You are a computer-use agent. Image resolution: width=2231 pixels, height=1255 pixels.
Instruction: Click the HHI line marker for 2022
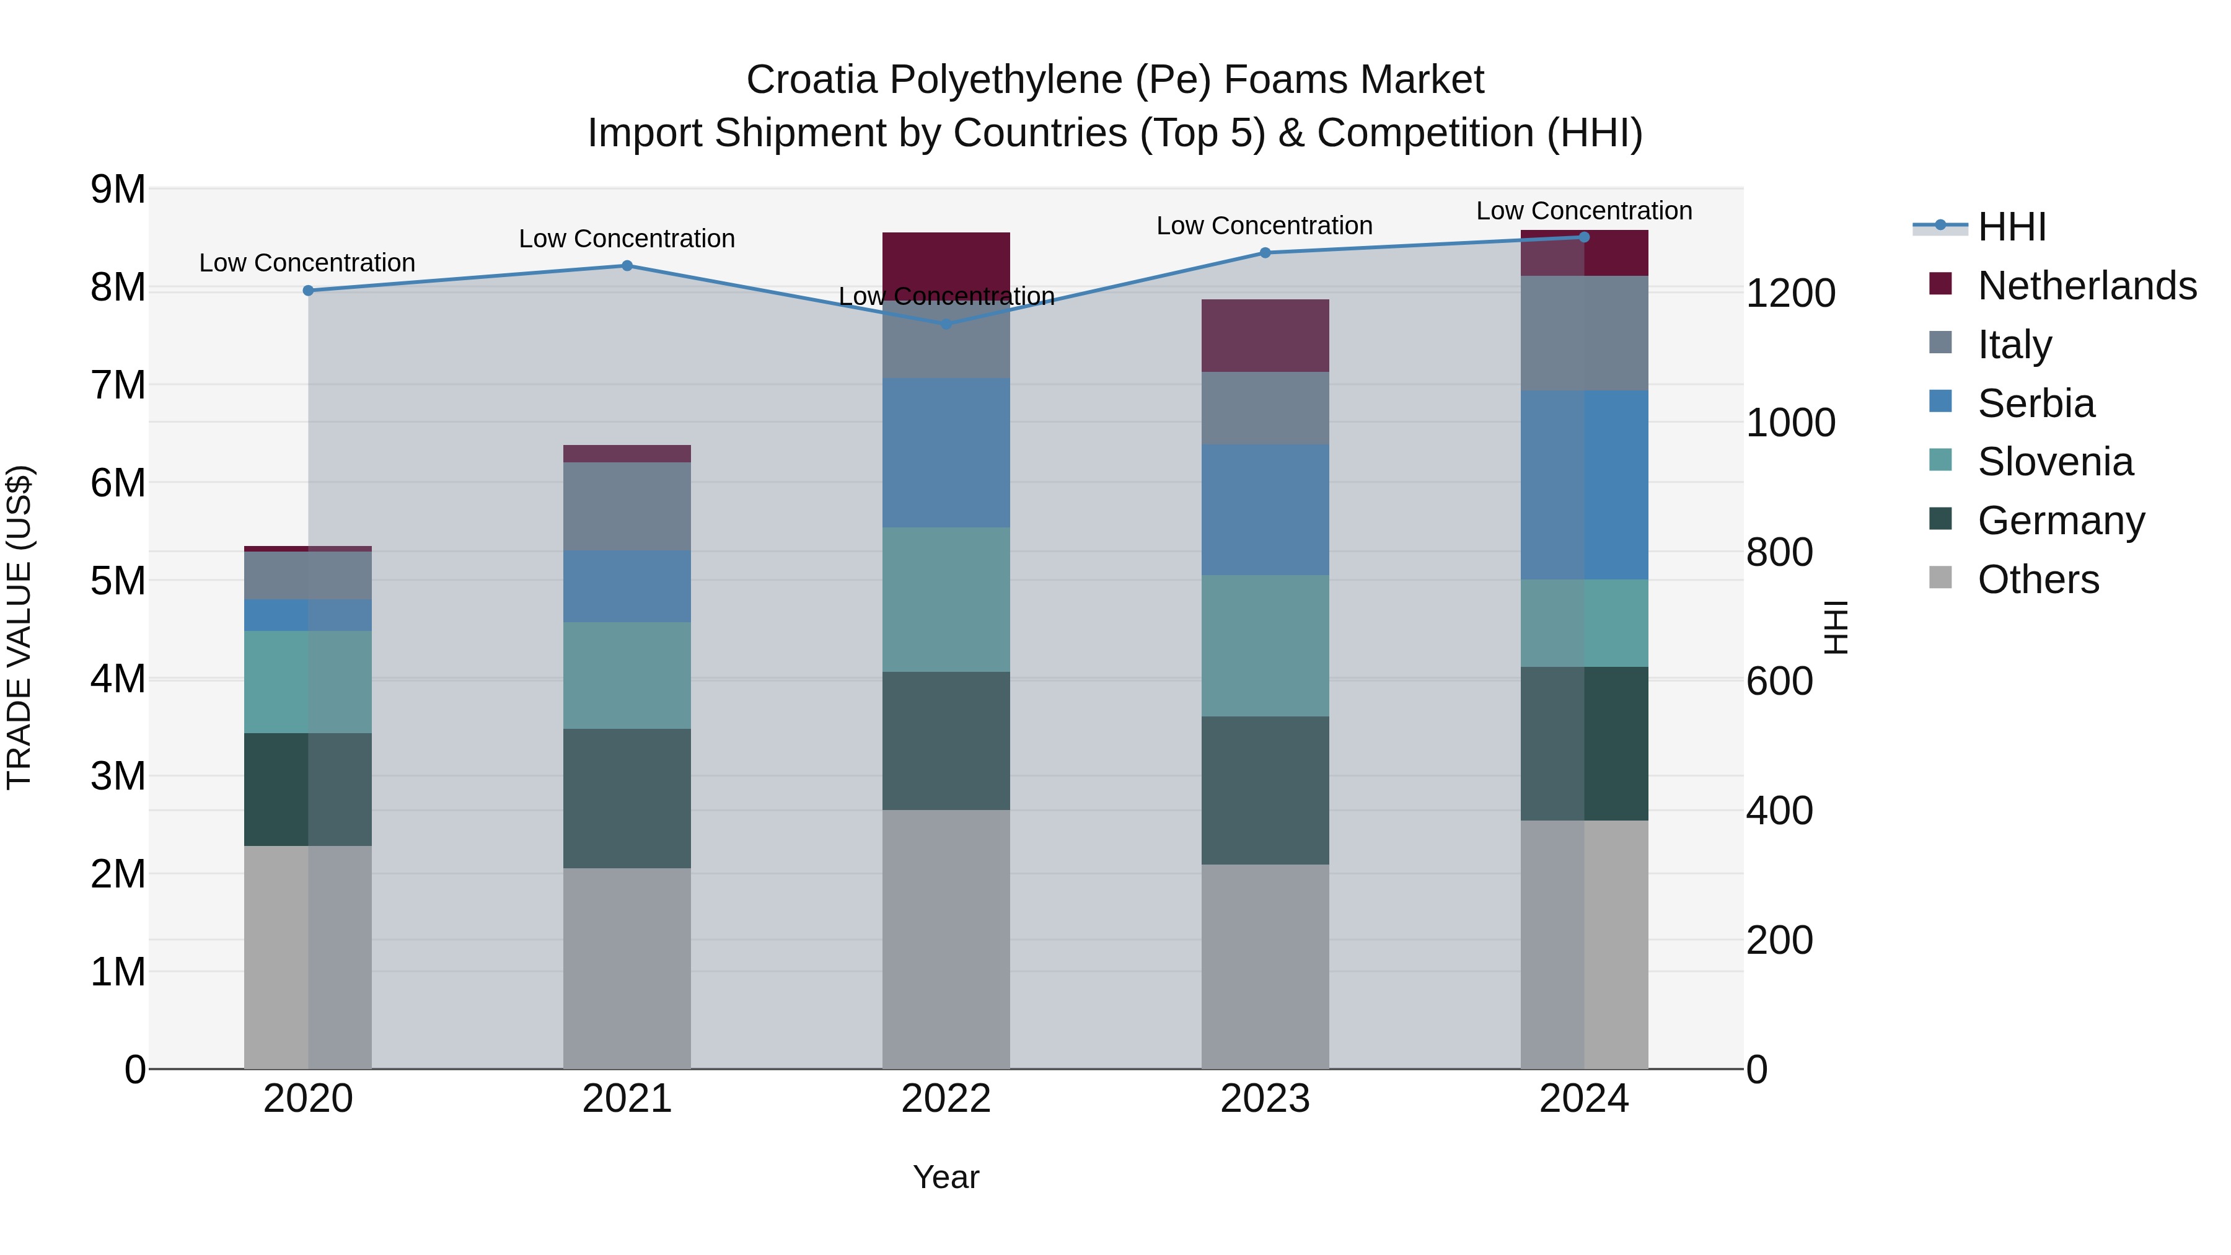tap(946, 324)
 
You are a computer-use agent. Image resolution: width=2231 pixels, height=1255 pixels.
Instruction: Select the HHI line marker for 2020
tap(309, 290)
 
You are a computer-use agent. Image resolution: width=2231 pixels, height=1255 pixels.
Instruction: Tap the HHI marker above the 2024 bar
tap(1584, 237)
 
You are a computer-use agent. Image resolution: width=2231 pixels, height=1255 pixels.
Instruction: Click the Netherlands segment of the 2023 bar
tap(1264, 335)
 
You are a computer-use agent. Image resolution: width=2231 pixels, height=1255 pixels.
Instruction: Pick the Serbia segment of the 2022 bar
tap(946, 452)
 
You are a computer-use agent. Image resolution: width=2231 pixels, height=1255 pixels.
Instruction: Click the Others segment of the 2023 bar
tap(1264, 966)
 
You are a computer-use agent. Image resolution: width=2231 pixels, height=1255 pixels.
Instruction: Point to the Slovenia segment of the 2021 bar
tap(627, 675)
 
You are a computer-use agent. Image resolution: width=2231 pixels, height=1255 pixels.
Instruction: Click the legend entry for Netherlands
tap(2087, 286)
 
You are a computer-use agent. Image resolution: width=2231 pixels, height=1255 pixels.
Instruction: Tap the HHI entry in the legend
tap(2012, 227)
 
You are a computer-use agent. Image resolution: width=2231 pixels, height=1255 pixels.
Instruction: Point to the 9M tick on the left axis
tap(118, 189)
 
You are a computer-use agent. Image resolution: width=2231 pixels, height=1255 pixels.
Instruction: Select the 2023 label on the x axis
tap(1264, 1099)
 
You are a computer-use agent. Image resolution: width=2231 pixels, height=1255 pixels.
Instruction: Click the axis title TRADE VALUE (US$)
tap(19, 627)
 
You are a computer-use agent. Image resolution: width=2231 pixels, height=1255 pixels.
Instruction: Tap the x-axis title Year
tap(946, 1177)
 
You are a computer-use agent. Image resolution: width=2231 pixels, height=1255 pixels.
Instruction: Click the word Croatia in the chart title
tap(811, 80)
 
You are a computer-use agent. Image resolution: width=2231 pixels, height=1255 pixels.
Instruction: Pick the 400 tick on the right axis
tap(1779, 811)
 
